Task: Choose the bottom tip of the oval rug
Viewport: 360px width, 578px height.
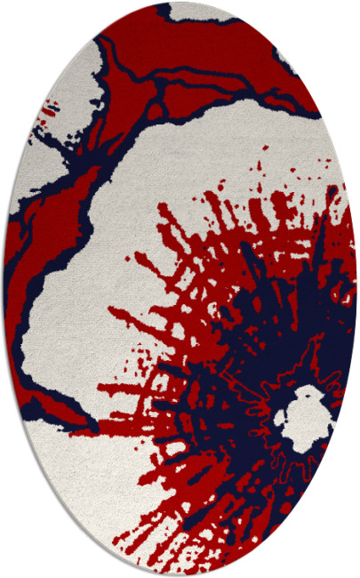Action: (180, 574)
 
